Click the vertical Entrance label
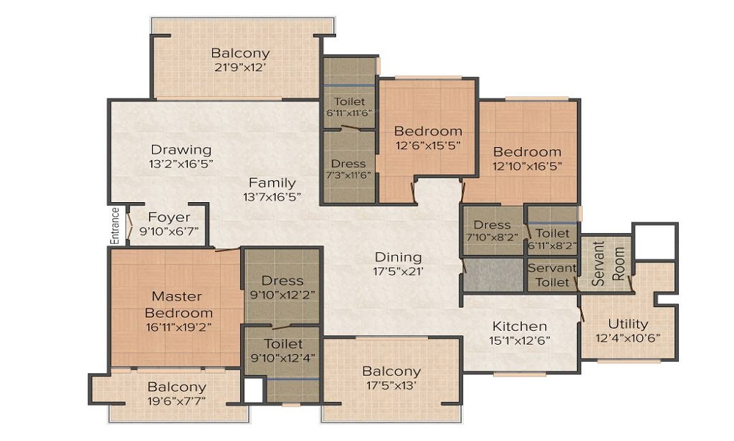(115, 226)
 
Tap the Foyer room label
(169, 218)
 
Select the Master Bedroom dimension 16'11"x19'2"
(176, 327)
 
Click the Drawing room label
(181, 150)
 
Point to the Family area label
(272, 183)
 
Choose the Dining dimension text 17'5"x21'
(398, 270)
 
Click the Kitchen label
(519, 326)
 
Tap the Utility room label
(628, 323)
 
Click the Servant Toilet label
(552, 274)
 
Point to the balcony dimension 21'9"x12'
(240, 67)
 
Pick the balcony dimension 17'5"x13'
(391, 385)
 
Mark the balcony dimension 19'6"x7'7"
(176, 401)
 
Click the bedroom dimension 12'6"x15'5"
(428, 145)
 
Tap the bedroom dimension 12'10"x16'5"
(527, 165)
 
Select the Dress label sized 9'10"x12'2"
(282, 280)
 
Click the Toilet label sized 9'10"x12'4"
(282, 343)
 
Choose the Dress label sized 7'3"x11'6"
(348, 163)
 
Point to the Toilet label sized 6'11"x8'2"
(553, 233)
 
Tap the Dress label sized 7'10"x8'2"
(492, 225)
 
